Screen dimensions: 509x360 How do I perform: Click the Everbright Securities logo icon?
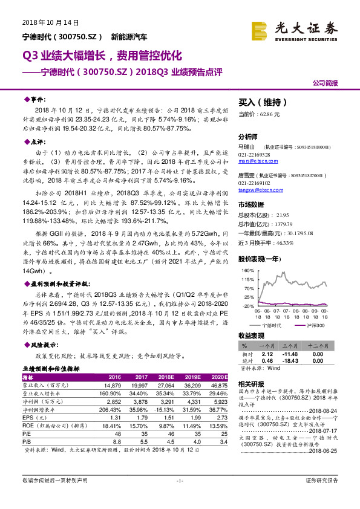coord(260,29)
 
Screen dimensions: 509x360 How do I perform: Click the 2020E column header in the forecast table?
coord(218,376)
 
